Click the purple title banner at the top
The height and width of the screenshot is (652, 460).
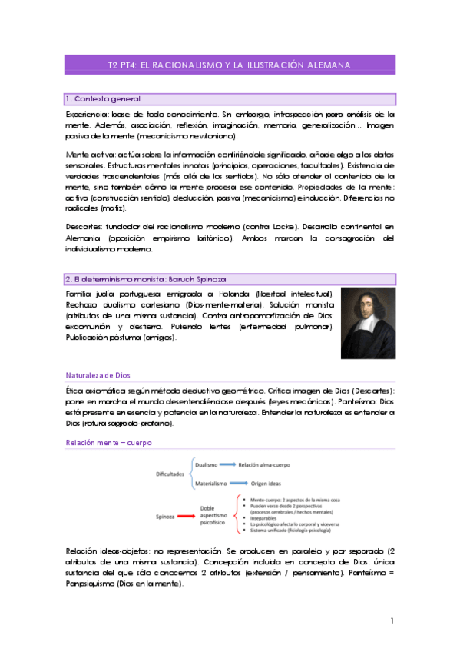tap(230, 65)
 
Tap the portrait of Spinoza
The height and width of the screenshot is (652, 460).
tap(368, 324)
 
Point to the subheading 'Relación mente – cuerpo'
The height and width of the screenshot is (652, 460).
tap(108, 443)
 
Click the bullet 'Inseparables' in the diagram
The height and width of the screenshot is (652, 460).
tap(265, 517)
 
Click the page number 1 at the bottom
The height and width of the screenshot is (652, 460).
tap(392, 620)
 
